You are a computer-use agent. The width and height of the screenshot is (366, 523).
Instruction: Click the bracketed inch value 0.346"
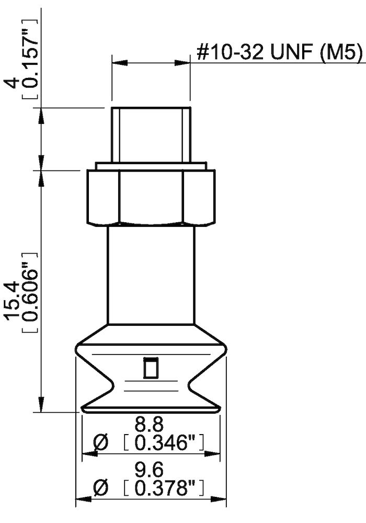167,443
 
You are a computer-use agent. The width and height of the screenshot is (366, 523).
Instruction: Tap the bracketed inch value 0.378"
167,488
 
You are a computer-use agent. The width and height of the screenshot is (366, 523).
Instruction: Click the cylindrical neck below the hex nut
151,275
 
